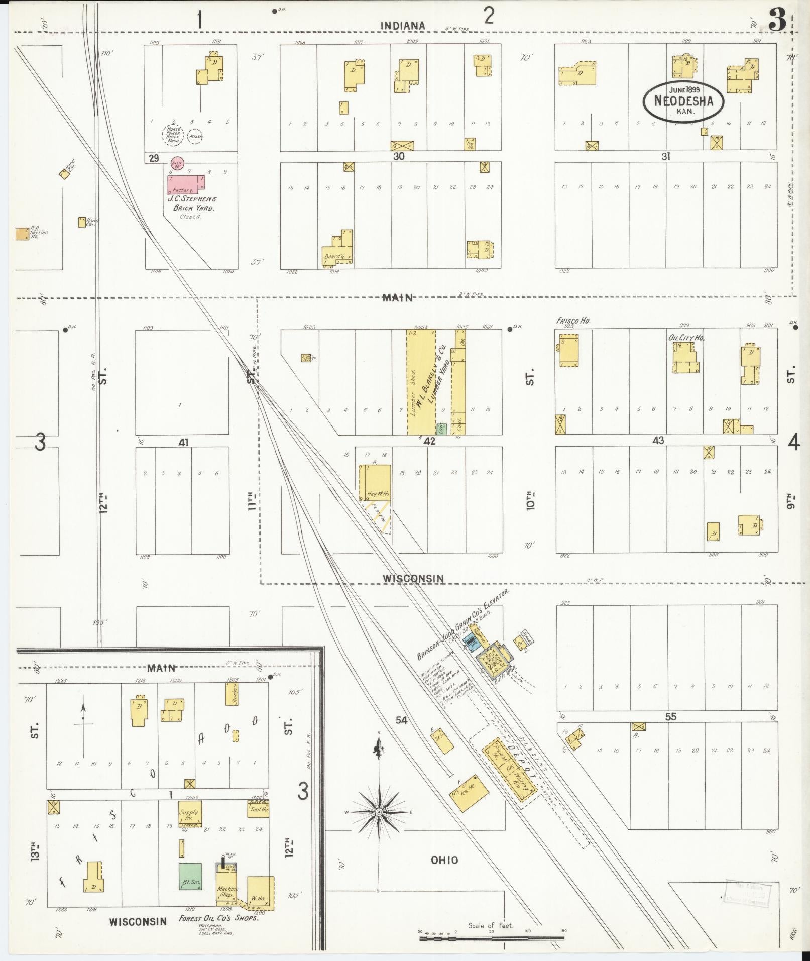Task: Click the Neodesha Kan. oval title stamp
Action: pyautogui.click(x=684, y=101)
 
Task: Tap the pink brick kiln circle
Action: pyautogui.click(x=177, y=163)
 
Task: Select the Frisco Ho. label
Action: pyautogui.click(x=572, y=320)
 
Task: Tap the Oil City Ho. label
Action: pyautogui.click(x=686, y=338)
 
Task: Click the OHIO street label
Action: pyautogui.click(x=444, y=860)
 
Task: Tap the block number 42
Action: pyautogui.click(x=429, y=441)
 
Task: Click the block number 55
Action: pyautogui.click(x=671, y=717)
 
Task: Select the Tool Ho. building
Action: pyautogui.click(x=258, y=809)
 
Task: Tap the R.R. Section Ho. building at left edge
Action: pyautogui.click(x=22, y=234)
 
